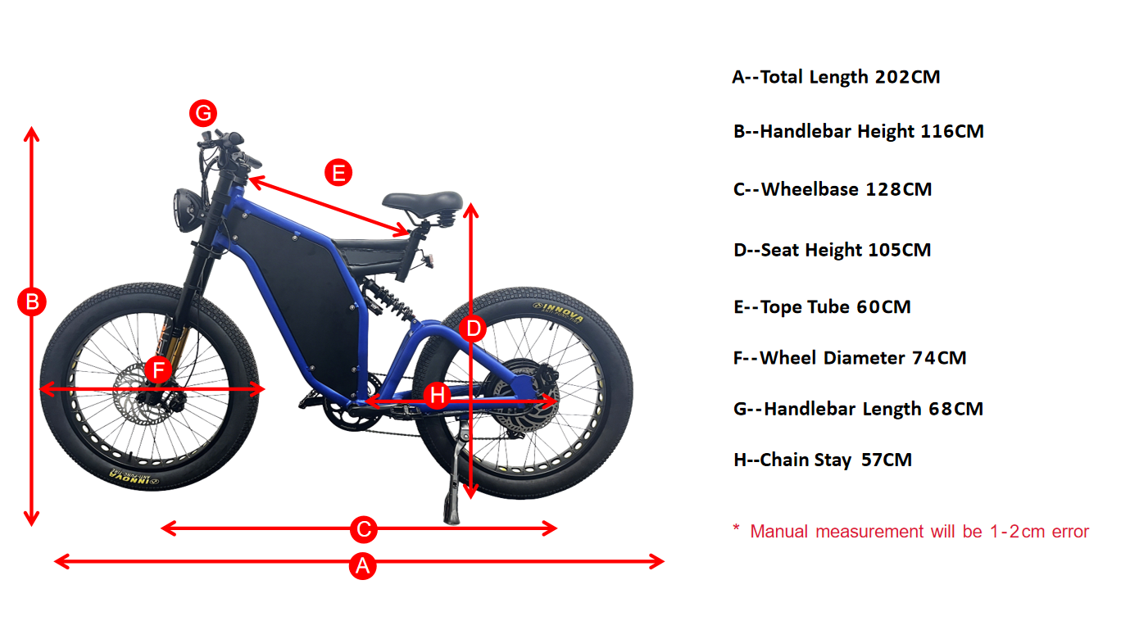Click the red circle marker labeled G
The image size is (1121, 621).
[202, 112]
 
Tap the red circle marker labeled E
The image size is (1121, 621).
[338, 173]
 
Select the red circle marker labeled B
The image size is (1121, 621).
[32, 302]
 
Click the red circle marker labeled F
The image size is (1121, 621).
[158, 369]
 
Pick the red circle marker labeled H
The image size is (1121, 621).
[438, 396]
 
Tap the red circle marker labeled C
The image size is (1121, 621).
[363, 529]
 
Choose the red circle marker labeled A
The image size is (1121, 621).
[363, 565]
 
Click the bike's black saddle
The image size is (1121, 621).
[422, 200]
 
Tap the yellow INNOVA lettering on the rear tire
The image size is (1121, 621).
[558, 311]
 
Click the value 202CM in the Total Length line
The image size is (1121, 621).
[907, 77]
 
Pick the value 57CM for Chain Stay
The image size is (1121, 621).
[886, 460]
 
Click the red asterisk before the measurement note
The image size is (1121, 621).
[736, 528]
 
